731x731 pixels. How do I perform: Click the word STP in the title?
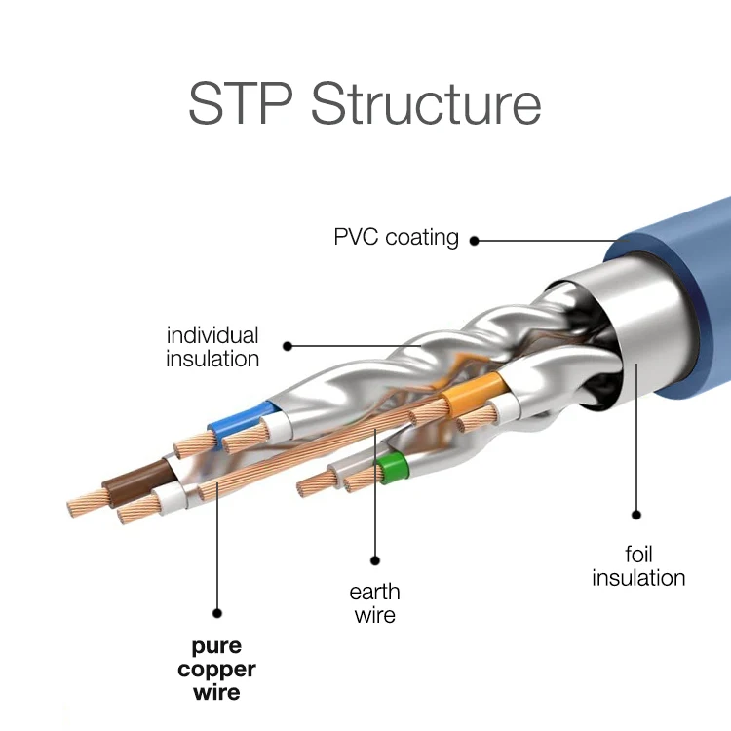point(239,104)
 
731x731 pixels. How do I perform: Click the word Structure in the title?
point(426,104)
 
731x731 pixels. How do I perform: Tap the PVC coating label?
point(396,237)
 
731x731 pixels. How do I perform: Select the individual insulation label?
point(212,347)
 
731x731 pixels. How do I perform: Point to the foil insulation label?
point(638,566)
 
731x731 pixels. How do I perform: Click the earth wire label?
point(374,603)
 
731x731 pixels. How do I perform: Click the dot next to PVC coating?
point(475,239)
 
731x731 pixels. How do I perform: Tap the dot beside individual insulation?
point(288,345)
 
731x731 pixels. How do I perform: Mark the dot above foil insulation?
point(636,516)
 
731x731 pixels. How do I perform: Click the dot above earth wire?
point(374,558)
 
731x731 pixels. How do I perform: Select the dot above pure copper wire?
point(217,613)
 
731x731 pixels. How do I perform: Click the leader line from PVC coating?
point(546,239)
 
